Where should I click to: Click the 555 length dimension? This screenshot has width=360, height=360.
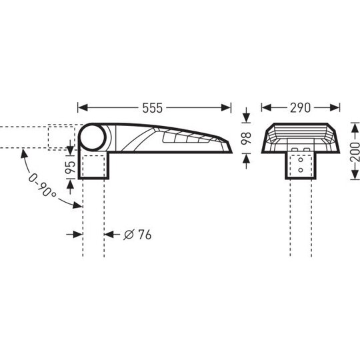(x=152, y=108)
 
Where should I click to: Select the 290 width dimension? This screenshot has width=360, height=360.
(x=300, y=108)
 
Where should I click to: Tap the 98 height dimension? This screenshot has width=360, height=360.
(x=246, y=138)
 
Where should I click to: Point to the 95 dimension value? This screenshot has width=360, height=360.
(x=71, y=167)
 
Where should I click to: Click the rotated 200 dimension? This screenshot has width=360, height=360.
(x=355, y=152)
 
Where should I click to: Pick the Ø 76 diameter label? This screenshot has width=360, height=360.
(x=137, y=235)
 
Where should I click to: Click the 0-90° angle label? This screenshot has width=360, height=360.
(x=42, y=185)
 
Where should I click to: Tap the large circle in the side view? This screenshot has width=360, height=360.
(x=93, y=137)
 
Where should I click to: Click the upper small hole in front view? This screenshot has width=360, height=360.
(x=301, y=160)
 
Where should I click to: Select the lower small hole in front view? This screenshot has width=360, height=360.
(x=301, y=170)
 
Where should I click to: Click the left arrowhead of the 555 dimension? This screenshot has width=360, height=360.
(x=83, y=108)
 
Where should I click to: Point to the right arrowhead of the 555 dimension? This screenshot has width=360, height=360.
(x=226, y=108)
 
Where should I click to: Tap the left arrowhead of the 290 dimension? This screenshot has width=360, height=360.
(x=267, y=108)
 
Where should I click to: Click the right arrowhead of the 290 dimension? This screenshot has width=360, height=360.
(x=335, y=108)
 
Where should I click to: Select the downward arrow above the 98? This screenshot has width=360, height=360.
(x=247, y=118)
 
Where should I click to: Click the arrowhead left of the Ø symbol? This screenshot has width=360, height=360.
(x=109, y=235)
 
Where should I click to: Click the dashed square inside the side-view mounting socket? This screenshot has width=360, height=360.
(x=93, y=167)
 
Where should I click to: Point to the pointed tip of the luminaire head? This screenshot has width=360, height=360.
(x=232, y=152)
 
